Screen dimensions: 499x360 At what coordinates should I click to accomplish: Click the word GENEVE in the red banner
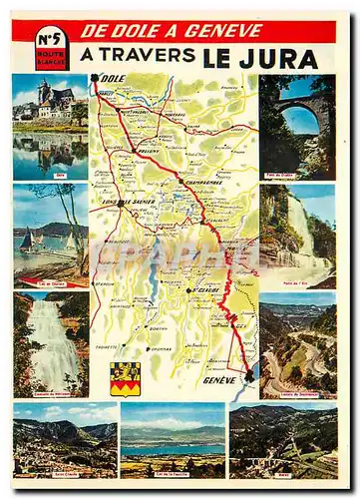click(225, 30)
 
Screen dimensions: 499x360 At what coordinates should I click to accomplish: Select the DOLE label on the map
click(113, 79)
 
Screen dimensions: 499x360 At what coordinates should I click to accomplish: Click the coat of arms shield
click(125, 378)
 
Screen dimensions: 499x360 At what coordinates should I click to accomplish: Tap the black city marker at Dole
click(96, 78)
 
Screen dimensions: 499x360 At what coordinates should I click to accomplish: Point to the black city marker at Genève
click(247, 375)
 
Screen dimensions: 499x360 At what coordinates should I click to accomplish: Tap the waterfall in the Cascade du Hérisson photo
click(53, 344)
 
